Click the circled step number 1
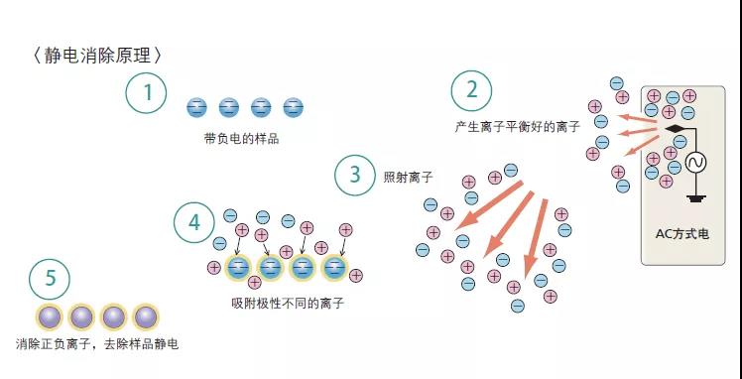click(x=147, y=93)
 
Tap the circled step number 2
click(x=471, y=91)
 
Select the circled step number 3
click(x=354, y=176)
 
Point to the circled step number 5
click(x=50, y=280)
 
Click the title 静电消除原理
click(x=96, y=56)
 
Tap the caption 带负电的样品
click(x=241, y=138)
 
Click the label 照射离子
click(x=407, y=177)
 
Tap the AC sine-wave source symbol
click(x=693, y=161)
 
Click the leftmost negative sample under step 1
click(x=196, y=107)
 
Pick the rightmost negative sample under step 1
click(x=292, y=107)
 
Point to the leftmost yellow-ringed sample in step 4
click(x=238, y=267)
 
